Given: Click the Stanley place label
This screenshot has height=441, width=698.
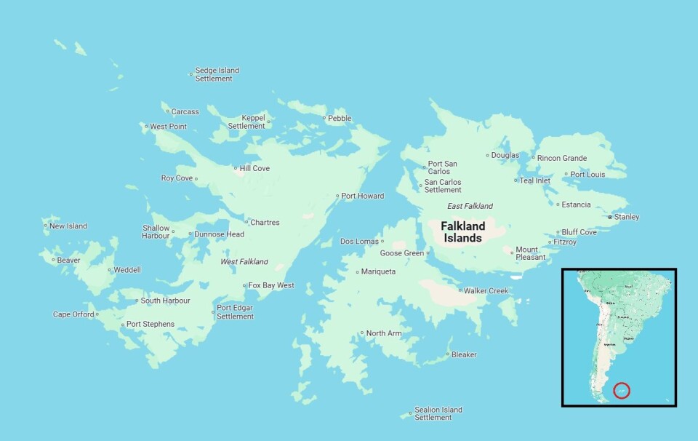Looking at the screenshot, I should pos(626,217).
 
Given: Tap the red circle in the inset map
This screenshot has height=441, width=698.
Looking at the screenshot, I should pos(621,390).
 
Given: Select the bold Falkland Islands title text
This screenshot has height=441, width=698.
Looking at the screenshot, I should pos(462,232).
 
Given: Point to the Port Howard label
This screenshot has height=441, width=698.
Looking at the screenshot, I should pos(362,196).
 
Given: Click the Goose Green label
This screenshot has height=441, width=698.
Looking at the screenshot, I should pos(402,253).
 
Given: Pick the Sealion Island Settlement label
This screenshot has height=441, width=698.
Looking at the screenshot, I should pos(438,413).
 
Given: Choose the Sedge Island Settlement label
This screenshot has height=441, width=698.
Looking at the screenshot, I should pos(217,74).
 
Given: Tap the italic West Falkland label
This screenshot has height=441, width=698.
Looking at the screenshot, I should pos(244,261).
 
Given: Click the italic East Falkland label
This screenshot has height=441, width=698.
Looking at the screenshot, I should pos(470,206).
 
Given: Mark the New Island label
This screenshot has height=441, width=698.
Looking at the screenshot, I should pos(68,226).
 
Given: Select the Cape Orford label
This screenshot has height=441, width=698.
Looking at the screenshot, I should pos(73,314).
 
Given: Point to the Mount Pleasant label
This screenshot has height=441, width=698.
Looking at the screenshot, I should pos(530,253).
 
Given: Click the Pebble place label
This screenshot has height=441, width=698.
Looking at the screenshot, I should pos(339,118).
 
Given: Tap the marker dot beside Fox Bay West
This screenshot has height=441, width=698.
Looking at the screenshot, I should pos(244,286).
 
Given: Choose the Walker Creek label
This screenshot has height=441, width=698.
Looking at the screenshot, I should pos(486,290).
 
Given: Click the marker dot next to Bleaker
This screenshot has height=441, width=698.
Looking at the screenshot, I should pos(447,355).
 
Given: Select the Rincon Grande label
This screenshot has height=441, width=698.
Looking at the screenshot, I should pos(561,158).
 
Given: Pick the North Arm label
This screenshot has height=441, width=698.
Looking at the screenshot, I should pos(383,333).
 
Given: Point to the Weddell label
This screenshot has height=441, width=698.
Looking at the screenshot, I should pos(127,270).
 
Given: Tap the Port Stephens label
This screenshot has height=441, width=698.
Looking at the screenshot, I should pos(150,324).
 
